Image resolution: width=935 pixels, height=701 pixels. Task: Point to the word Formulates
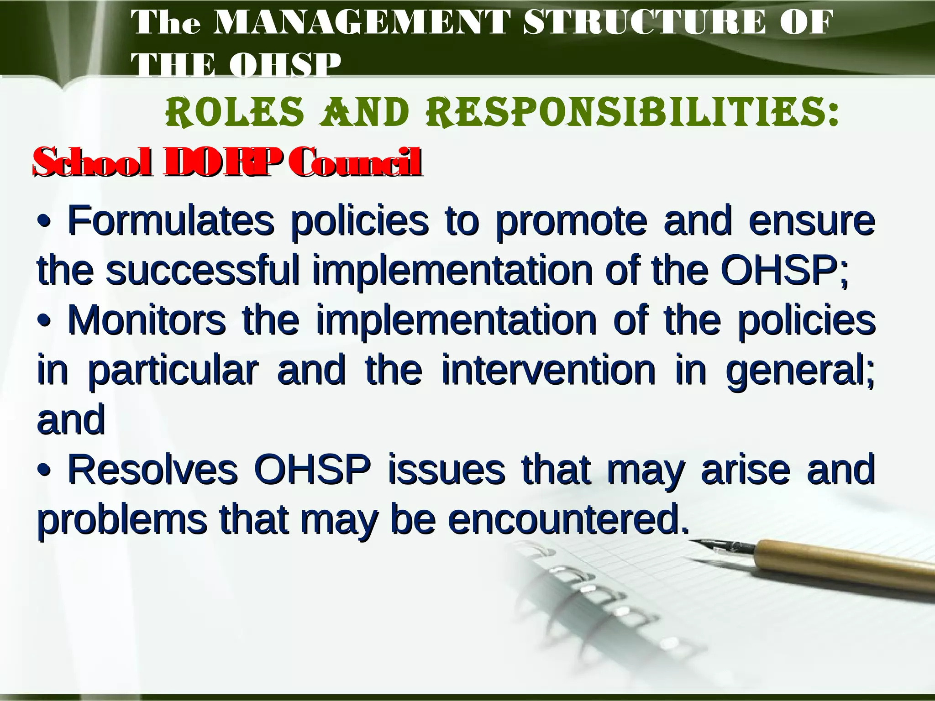coord(171,221)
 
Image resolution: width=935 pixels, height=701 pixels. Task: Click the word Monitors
coord(147,320)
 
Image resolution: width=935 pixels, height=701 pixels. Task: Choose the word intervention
coord(548,370)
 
